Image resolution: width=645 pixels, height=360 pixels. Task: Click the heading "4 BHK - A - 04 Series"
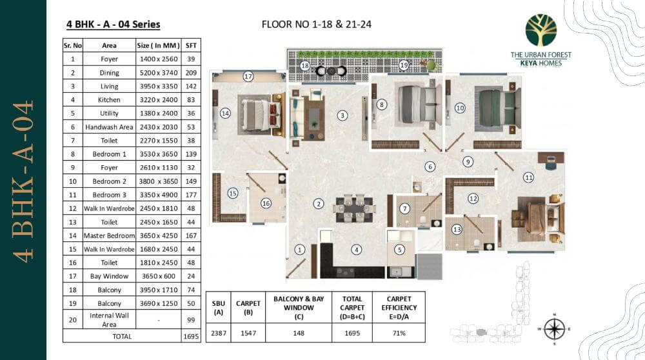pos(113,25)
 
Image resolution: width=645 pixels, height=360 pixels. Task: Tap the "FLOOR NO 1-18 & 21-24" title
pos(317,25)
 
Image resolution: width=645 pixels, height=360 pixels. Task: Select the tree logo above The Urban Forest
pos(541,30)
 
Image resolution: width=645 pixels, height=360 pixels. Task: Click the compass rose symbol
pos(554,328)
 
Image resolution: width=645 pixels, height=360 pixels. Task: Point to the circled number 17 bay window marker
pos(248,76)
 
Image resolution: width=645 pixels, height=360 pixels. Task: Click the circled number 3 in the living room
pos(342,115)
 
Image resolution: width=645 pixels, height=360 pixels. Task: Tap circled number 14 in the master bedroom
pos(225,113)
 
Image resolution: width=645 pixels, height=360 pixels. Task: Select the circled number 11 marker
pos(528,177)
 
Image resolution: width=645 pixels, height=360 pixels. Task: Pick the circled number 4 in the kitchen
pos(356,249)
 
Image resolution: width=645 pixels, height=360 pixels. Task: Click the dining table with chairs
pos(354,208)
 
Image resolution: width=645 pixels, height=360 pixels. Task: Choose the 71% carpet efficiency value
pos(399,334)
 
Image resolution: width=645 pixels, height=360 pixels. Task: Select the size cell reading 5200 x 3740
pos(154,73)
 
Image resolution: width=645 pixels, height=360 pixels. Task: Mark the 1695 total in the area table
pos(191,336)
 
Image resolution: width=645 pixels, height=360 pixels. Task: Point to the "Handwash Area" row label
pos(109,127)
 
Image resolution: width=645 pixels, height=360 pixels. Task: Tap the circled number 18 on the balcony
pos(305,66)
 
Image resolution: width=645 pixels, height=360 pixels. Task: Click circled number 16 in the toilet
pos(265,203)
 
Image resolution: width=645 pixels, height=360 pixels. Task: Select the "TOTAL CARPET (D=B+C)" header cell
pos(352,308)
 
